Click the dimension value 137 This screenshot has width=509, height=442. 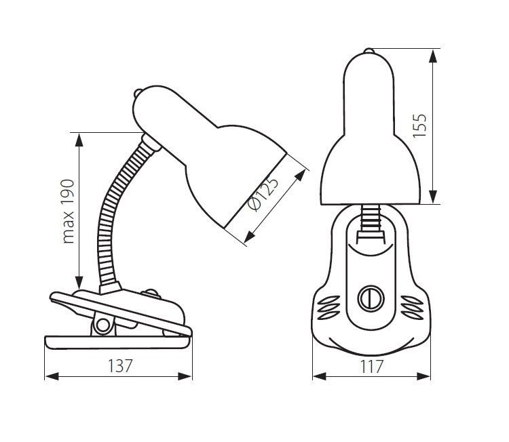pyautogui.click(x=119, y=366)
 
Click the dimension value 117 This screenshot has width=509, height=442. pyautogui.click(x=372, y=367)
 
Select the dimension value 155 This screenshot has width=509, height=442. pyautogui.click(x=419, y=126)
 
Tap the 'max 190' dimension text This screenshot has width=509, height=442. pyautogui.click(x=68, y=211)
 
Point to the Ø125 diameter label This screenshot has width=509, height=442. pyautogui.click(x=263, y=194)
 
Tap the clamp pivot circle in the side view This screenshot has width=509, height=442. pyautogui.click(x=103, y=325)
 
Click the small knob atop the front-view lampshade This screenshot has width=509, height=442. pyautogui.click(x=369, y=50)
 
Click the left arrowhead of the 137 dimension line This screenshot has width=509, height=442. pyautogui.click(x=52, y=376)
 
